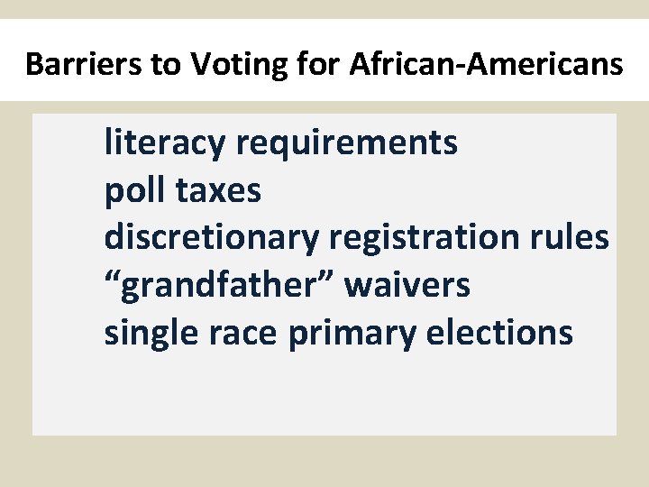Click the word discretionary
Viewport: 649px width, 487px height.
coord(211,238)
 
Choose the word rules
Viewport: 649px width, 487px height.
coord(573,237)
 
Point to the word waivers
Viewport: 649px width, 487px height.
coord(407,286)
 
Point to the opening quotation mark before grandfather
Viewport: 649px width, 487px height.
coord(112,275)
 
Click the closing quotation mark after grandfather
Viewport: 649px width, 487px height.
coord(329,275)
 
